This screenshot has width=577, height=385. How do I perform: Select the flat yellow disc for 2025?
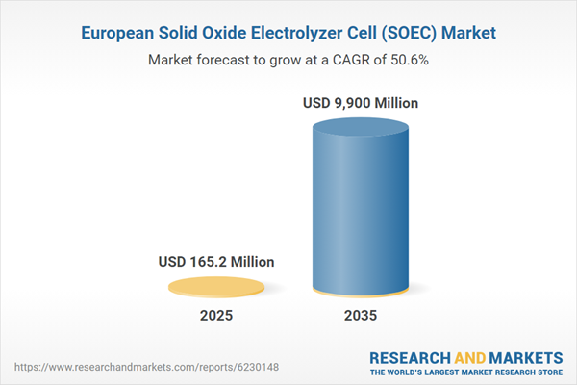coord(216,286)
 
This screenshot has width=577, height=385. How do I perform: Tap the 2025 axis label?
coord(216,316)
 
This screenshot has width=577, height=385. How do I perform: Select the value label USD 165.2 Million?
coord(216,261)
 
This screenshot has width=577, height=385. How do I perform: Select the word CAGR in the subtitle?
coord(359,60)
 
